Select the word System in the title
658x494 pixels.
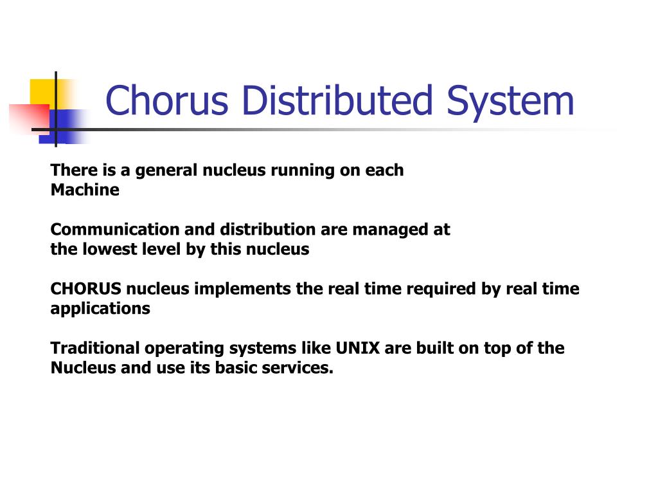point(510,101)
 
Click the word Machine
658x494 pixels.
point(85,190)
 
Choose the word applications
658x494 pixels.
point(100,309)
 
